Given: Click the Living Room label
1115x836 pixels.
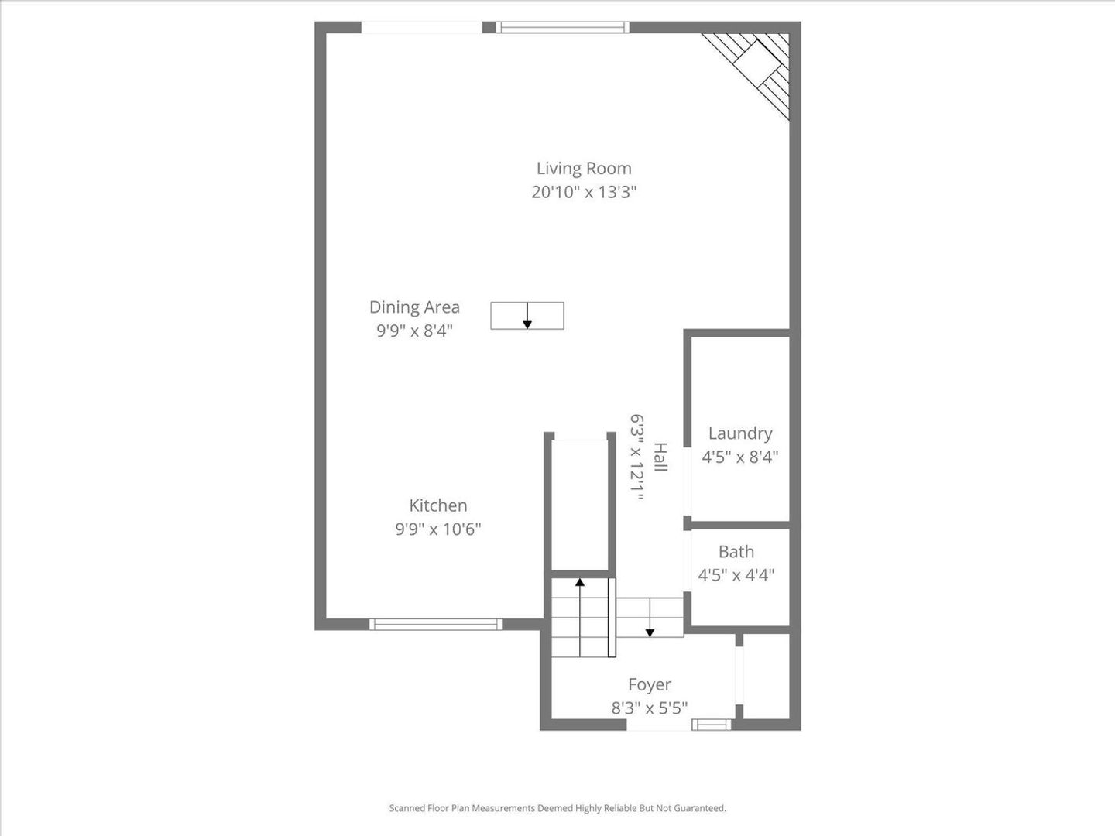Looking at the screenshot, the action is pos(584,169).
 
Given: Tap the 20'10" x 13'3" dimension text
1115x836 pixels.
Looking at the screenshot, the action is pos(584,193).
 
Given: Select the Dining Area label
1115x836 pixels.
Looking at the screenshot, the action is pos(414,307).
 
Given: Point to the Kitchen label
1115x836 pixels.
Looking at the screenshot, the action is pos(438,505).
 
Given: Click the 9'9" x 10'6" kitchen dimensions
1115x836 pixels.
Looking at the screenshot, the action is pos(438,529).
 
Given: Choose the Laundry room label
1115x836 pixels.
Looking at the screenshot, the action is pos(740,434).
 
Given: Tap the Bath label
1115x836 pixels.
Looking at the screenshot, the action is pos(736,552).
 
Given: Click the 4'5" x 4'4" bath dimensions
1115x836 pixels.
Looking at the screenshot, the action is pos(736,576).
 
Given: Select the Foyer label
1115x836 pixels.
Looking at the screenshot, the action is pos(650,685).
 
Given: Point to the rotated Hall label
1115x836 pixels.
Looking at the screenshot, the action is pos(660,457).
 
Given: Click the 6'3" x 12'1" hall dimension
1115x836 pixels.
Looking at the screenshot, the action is pos(637,457).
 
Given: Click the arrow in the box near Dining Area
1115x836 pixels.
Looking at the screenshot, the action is pos(527,316).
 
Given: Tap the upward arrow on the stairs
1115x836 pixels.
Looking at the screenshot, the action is pos(580,617).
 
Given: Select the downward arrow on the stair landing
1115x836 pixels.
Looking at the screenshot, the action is pos(650,617).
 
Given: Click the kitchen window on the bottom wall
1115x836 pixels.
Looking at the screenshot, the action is pos(435,625).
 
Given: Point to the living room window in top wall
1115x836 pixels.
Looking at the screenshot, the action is pos(562,27).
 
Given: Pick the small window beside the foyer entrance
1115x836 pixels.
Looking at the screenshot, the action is pos(711,725).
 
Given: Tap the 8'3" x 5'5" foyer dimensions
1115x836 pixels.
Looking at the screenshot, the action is pos(650,708).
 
